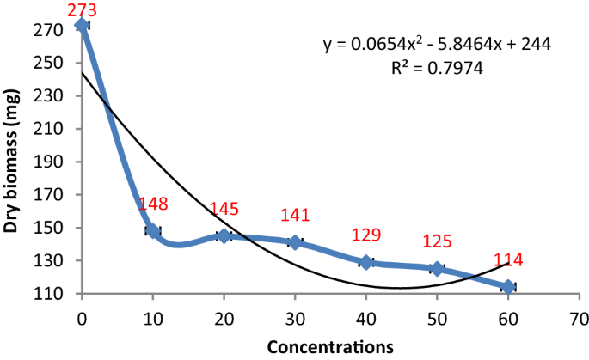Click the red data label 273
coord(83,9)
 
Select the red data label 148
coord(153,204)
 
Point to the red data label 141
coord(295,215)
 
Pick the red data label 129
coord(366,235)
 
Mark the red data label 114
coord(508,260)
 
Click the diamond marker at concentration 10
coord(153,230)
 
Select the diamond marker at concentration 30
coord(295,242)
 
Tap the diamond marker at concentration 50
coord(437,269)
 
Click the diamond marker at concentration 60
coord(508,287)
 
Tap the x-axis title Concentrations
coord(331,347)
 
